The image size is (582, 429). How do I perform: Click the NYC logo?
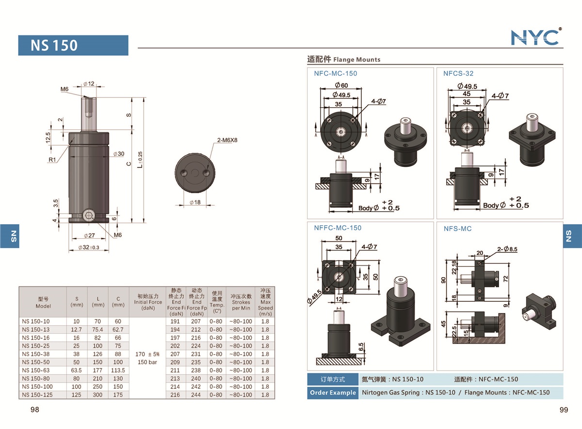(535, 37)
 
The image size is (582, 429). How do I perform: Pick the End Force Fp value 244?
(196, 395)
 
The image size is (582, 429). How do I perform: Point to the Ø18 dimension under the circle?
(195, 202)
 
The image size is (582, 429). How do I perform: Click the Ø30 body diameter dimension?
(118, 154)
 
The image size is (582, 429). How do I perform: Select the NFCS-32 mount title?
(458, 74)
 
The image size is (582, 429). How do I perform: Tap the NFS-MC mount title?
(457, 229)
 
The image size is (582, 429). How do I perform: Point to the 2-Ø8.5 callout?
(507, 249)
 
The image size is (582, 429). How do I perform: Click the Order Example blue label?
(332, 393)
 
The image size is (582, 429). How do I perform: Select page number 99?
(564, 410)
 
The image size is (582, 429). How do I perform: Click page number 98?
(34, 410)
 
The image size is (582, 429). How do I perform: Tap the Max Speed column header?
(265, 301)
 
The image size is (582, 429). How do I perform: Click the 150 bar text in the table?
(147, 362)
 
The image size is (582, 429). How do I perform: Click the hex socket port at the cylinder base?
(88, 216)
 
